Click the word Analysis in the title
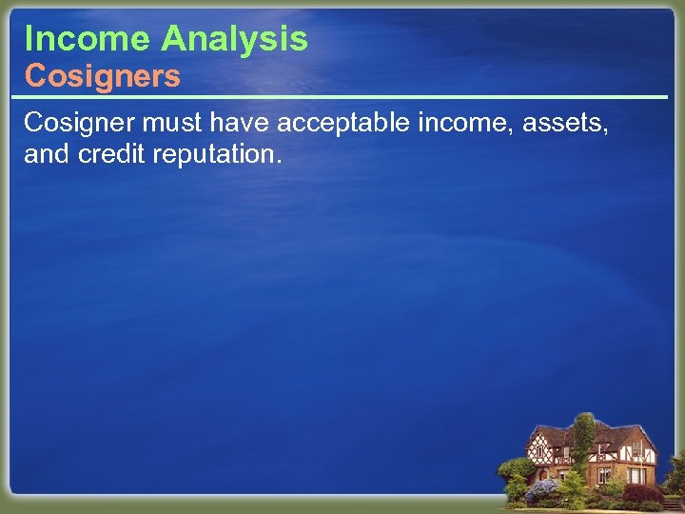(234, 39)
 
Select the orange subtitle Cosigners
(102, 76)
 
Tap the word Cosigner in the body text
(79, 123)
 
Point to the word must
(171, 123)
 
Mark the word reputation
(217, 154)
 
